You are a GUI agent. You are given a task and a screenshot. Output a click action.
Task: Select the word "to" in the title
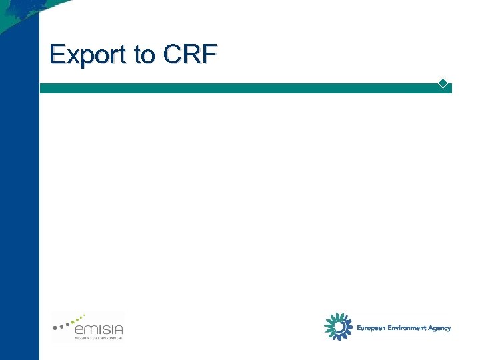click(144, 55)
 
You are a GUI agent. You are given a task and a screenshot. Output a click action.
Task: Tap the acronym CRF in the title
click(189, 55)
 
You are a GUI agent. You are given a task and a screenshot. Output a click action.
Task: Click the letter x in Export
click(71, 57)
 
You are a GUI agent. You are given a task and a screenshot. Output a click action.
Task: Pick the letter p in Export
click(84, 58)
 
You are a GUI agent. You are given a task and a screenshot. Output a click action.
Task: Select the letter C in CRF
click(171, 54)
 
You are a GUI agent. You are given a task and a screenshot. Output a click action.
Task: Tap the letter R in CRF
click(191, 54)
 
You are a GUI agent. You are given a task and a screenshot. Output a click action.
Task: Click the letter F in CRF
click(209, 54)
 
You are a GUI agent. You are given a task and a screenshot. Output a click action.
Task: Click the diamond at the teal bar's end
click(442, 84)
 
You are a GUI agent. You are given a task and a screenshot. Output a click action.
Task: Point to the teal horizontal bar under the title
click(240, 88)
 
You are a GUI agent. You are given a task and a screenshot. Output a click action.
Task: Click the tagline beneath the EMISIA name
click(98, 339)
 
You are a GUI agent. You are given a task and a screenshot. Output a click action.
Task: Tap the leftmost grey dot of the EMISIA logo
click(55, 328)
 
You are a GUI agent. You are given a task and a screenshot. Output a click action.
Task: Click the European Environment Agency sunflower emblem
click(338, 326)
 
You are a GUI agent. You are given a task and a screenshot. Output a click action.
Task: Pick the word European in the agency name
click(371, 328)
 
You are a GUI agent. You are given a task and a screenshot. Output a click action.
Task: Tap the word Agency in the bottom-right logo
click(440, 328)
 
